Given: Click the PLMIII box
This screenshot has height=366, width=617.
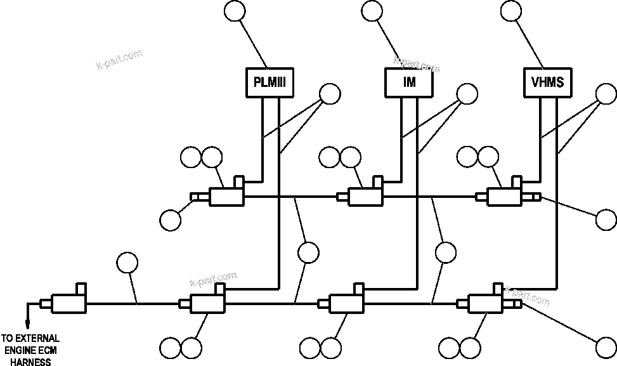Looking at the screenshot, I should pos(270,82).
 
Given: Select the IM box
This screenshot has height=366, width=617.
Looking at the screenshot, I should pos(409,82).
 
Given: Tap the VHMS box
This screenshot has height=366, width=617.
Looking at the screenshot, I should pos(547,82).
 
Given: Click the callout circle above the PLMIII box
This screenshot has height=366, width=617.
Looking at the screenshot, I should pos(235,11).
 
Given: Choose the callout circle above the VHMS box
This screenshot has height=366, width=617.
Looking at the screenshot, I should pos(510,11).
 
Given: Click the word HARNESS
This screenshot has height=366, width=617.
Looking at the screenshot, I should pos(30,362).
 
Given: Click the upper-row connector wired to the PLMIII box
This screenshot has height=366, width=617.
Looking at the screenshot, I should pos(225,195).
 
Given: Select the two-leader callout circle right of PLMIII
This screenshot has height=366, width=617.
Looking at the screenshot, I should pos(330,94).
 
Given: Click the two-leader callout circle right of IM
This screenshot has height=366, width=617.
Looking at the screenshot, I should pos(468,94).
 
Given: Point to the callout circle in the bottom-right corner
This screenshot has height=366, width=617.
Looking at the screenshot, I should pos(607,348).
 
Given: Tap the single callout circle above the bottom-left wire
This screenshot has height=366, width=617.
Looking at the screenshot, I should pos(127,263).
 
